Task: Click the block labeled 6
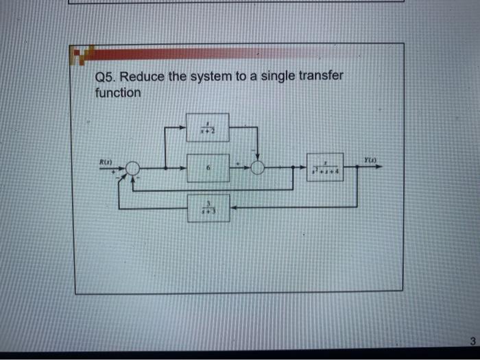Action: pyautogui.click(x=208, y=168)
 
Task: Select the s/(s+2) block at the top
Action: pyautogui.click(x=208, y=128)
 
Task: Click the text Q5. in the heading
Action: pyautogui.click(x=106, y=77)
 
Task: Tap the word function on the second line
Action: pyautogui.click(x=118, y=92)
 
